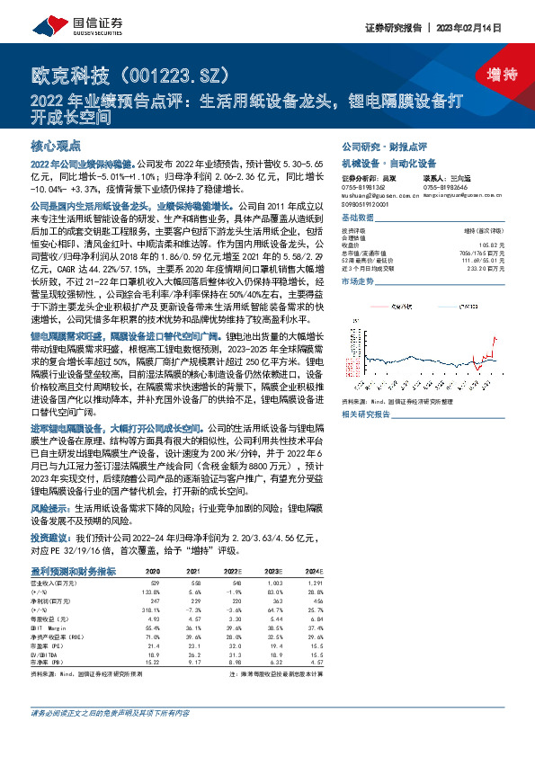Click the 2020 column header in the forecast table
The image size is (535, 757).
(153, 571)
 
